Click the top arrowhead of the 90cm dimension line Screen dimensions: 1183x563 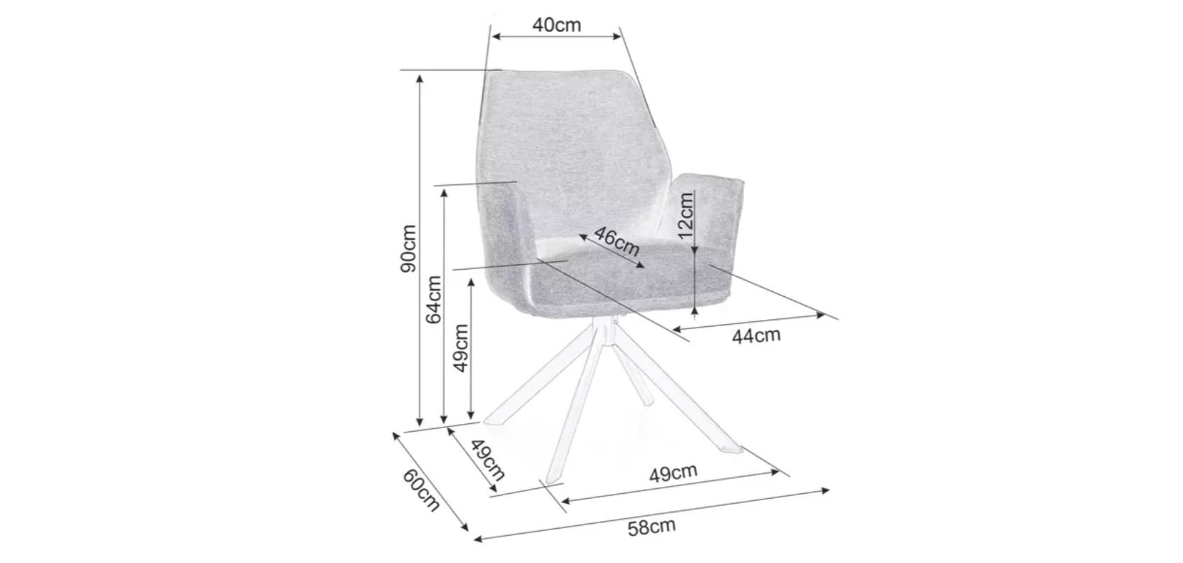click(420, 78)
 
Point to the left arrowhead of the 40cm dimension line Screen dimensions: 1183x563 click(496, 36)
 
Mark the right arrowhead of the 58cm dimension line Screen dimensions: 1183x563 click(825, 490)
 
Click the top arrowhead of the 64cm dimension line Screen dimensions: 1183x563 click(444, 193)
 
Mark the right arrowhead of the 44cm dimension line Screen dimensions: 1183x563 click(821, 315)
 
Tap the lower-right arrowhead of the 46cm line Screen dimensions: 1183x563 click(641, 265)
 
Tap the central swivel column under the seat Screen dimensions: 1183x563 click(607, 330)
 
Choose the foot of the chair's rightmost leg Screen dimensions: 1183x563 click(733, 449)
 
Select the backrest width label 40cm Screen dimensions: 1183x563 click(557, 25)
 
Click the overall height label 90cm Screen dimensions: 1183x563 click(409, 249)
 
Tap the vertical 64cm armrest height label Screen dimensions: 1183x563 click(434, 300)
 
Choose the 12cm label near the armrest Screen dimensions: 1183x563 click(685, 215)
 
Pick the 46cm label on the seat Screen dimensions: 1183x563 click(617, 242)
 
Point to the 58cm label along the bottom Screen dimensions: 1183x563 click(652, 527)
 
